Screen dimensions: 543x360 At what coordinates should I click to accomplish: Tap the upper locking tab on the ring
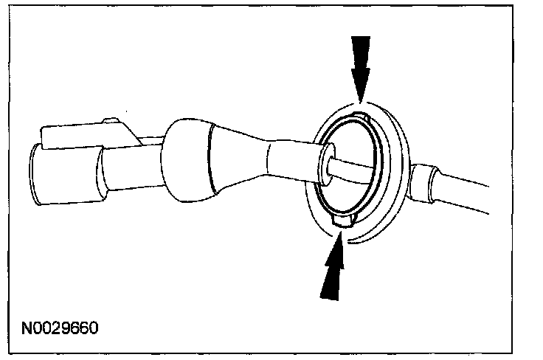359,117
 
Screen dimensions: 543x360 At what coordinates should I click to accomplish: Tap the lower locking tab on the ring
344,219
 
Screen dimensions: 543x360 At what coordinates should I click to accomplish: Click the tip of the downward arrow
359,99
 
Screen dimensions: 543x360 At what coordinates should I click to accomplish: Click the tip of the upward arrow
341,235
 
